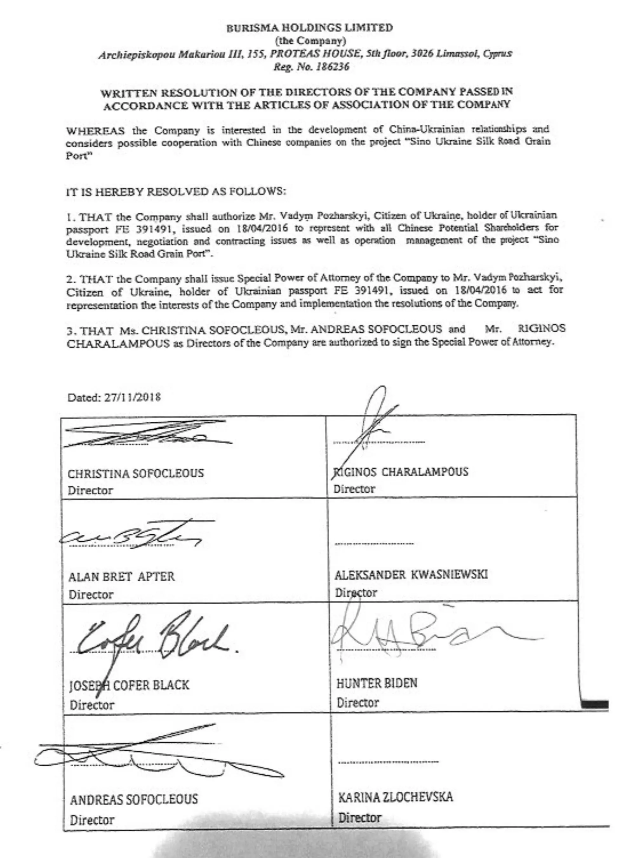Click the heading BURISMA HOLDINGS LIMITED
[x=310, y=28]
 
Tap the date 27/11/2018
[x=132, y=397]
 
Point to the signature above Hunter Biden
[x=423, y=634]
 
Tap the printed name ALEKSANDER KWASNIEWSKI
[x=411, y=575]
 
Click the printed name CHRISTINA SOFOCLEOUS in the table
[x=136, y=473]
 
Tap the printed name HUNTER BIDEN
[x=377, y=683]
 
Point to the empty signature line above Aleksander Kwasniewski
[x=374, y=544]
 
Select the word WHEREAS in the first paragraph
[x=95, y=131]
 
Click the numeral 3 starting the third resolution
[x=69, y=330]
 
